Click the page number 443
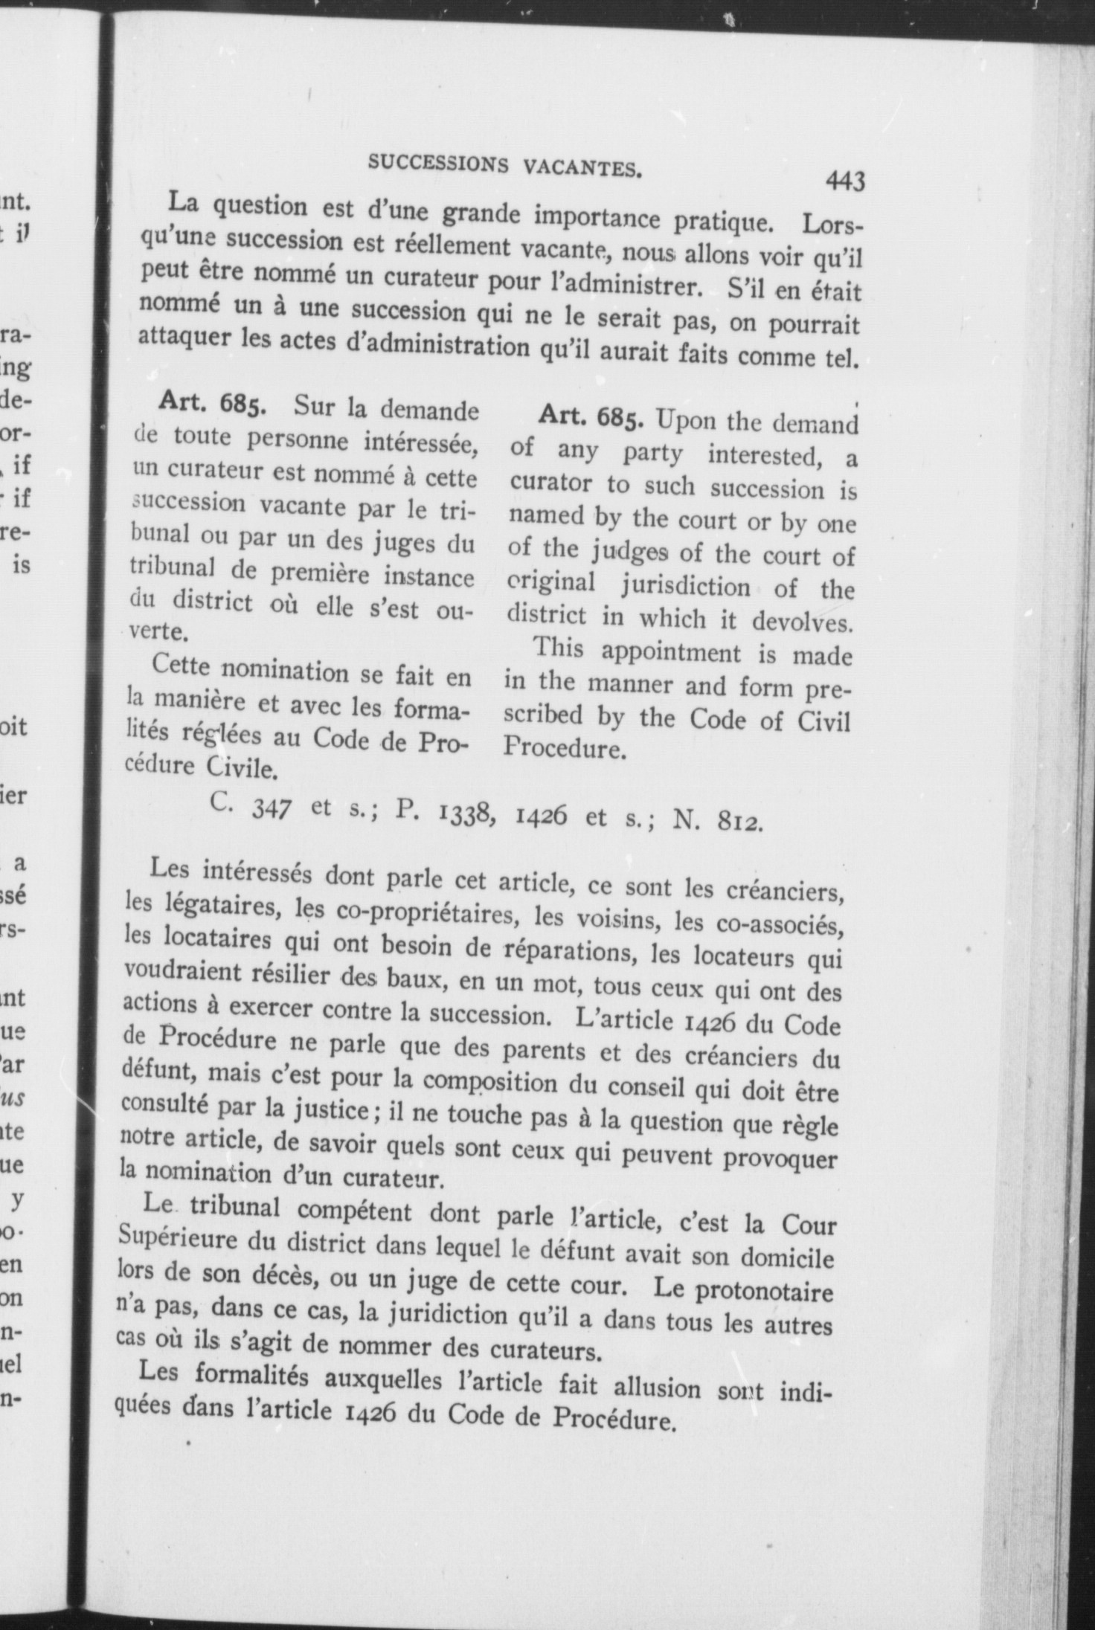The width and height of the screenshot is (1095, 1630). [x=844, y=181]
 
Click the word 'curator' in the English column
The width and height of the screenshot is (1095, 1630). [x=550, y=484]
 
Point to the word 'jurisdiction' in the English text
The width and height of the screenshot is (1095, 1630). [x=685, y=587]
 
